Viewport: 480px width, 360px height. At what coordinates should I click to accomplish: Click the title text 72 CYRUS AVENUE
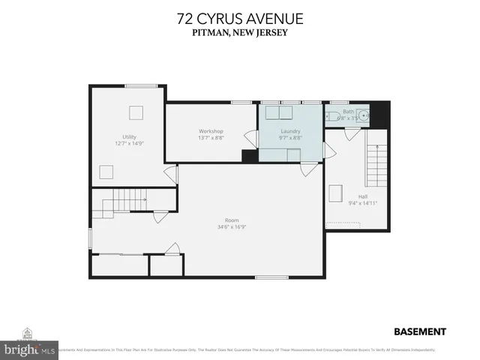(240, 17)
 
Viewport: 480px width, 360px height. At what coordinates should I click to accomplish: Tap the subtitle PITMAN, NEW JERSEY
(240, 32)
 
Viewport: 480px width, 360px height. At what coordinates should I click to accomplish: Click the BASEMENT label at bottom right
(419, 331)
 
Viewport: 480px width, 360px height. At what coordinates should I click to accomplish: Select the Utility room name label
(129, 137)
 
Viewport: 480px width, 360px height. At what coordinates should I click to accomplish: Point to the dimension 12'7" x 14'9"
(129, 143)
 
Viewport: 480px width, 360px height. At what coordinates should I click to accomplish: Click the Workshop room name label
(211, 131)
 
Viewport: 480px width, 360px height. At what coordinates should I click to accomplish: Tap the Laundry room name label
(290, 131)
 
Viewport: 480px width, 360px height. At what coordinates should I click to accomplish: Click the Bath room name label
(348, 112)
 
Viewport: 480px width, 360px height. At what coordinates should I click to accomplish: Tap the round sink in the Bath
(364, 116)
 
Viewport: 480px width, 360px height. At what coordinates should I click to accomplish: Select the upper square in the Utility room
(136, 112)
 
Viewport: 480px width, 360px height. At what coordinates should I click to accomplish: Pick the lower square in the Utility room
(107, 172)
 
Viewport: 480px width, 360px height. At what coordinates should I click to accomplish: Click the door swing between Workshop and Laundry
(253, 139)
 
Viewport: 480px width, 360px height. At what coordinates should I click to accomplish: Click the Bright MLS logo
(30, 348)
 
